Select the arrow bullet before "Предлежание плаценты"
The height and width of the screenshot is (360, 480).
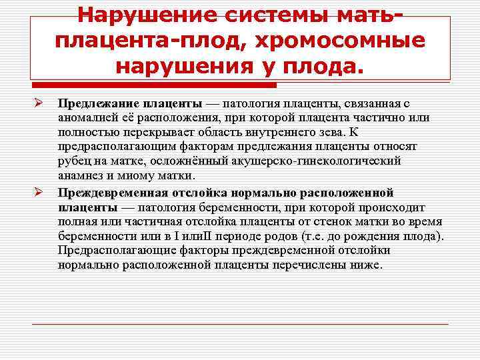click(39, 104)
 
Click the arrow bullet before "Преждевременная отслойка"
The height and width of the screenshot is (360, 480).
click(39, 193)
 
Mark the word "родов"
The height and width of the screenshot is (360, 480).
click(252, 236)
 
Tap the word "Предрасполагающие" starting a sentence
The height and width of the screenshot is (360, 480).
click(113, 251)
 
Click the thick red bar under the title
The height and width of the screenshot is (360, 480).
click(154, 85)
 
